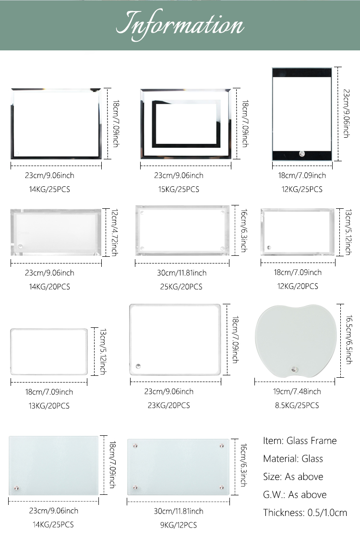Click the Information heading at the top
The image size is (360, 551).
[180, 24]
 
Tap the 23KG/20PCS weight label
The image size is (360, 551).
[169, 405]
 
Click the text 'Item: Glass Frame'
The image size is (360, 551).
[300, 441]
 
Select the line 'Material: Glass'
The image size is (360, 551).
[293, 458]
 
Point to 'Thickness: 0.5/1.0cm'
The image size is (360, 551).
[305, 513]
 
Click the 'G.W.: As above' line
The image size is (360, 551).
[295, 494]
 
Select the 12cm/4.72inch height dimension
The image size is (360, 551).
[114, 232]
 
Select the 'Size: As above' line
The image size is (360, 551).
[293, 477]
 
